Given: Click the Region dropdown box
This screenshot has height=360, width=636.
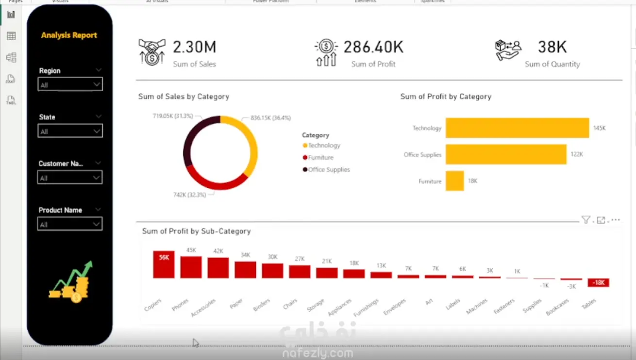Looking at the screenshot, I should (70, 84).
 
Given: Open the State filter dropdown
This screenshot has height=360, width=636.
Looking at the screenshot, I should (70, 131).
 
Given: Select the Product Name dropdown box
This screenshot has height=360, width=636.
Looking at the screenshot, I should (70, 224).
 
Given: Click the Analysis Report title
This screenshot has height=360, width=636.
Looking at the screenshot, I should (69, 35).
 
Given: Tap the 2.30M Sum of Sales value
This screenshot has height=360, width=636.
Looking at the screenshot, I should (194, 47).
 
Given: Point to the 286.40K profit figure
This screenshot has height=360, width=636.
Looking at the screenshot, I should (373, 47).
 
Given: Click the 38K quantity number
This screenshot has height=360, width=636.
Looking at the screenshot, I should (552, 47).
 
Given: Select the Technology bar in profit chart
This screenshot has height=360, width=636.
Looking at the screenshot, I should (517, 128).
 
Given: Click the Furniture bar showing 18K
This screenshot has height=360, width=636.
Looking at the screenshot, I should (454, 181).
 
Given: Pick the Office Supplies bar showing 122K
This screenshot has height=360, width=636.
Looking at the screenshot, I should (506, 154).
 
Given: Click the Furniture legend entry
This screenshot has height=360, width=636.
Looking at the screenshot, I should (320, 158).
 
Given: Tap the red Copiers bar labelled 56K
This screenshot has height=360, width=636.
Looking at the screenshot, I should (164, 264).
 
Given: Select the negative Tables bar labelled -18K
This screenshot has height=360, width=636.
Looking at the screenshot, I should (598, 282).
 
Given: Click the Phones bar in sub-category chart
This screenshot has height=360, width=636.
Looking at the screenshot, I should (191, 267).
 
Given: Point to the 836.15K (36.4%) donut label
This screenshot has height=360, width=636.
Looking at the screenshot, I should (270, 118).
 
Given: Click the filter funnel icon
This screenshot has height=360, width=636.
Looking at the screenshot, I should (586, 220).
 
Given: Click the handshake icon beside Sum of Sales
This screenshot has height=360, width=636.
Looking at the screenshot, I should (152, 52).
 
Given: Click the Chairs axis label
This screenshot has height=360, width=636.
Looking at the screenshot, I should (290, 304).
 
